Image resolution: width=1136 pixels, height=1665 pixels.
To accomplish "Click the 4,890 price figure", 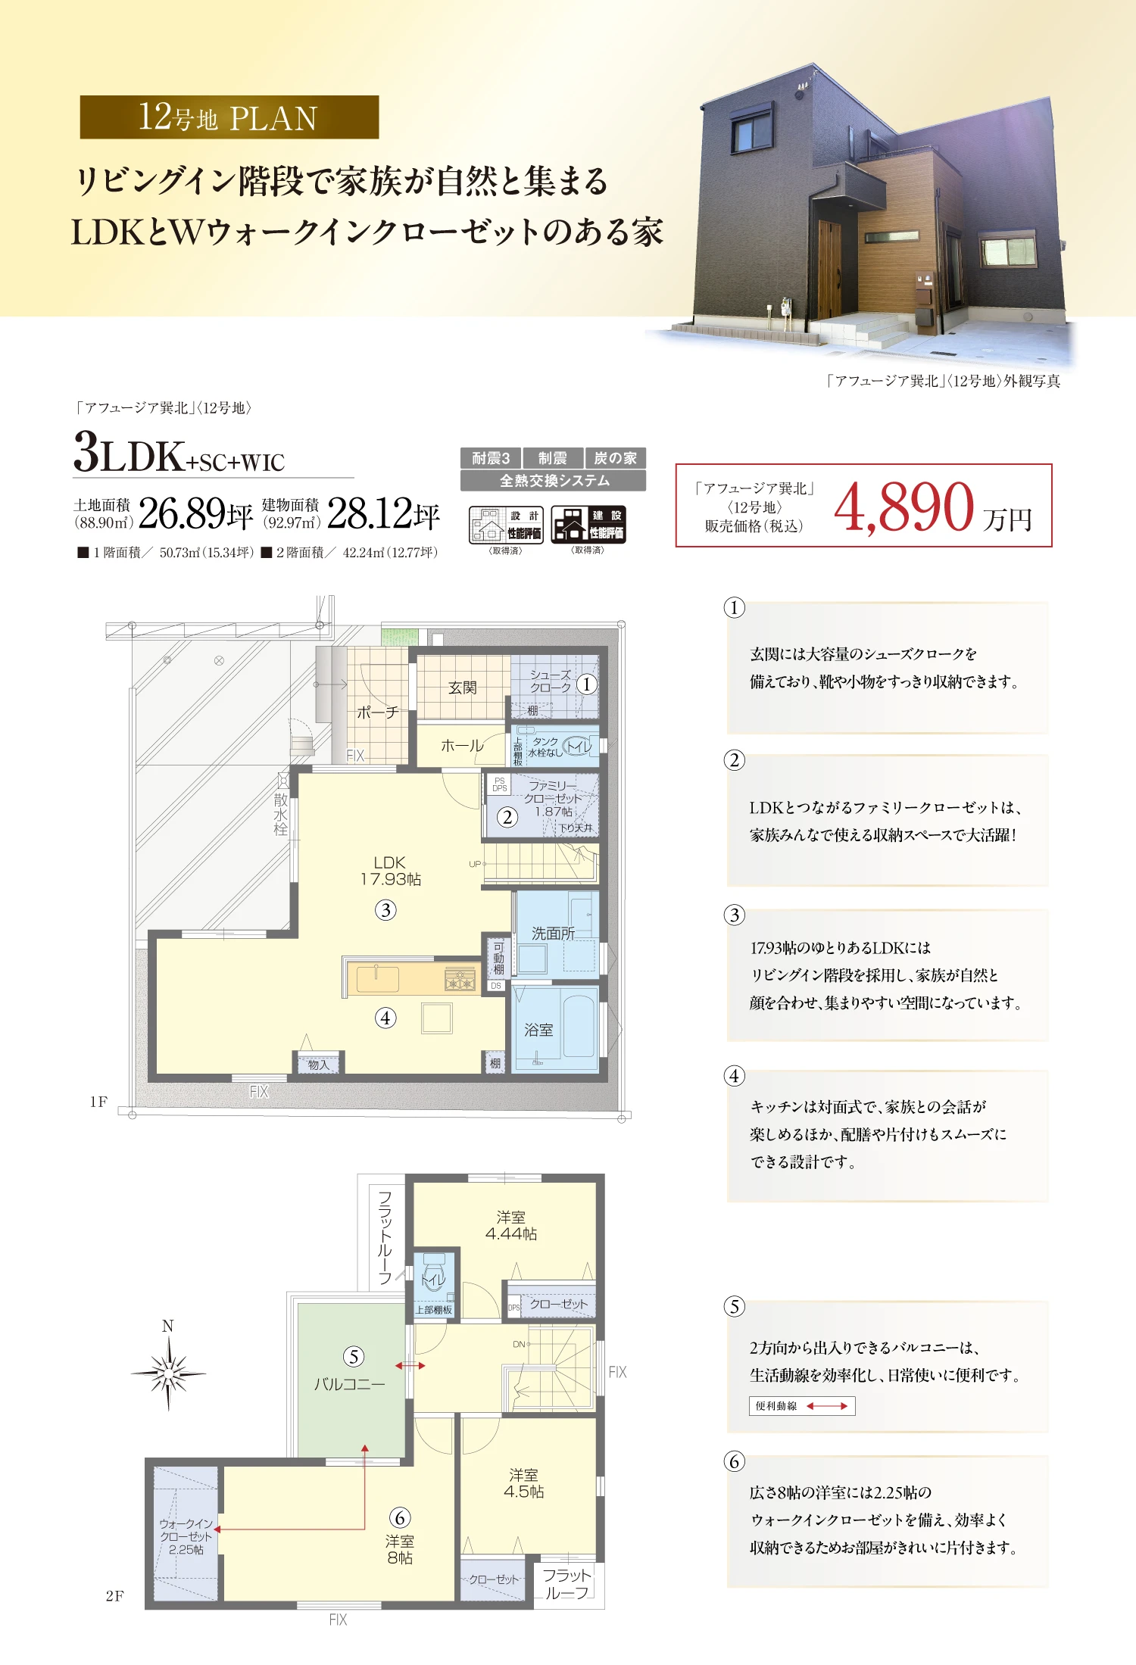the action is [x=903, y=506].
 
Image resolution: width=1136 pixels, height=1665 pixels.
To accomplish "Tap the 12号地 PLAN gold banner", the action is [x=229, y=117].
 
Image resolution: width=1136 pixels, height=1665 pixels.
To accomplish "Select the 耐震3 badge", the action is [x=491, y=458].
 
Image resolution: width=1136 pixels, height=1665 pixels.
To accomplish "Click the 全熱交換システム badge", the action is [x=554, y=481].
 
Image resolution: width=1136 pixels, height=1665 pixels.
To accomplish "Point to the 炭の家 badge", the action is [x=615, y=458].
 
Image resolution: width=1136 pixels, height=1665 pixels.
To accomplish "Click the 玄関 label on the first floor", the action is [x=462, y=688].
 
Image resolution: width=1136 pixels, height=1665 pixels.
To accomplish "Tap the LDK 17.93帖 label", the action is [x=390, y=871].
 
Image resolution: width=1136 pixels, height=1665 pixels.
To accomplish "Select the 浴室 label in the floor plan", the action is [x=538, y=1030].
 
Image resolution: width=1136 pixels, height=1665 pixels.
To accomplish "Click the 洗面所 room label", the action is [x=553, y=934].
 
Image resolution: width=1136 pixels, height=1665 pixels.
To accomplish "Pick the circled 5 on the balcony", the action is [x=354, y=1356].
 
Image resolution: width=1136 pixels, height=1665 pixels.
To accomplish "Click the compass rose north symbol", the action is [x=168, y=1370].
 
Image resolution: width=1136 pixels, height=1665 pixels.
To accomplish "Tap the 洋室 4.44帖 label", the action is [x=511, y=1225].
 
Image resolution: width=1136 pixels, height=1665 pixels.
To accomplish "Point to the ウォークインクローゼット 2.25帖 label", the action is [x=186, y=1536].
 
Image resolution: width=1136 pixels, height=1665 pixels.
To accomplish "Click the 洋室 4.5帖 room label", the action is [x=524, y=1483].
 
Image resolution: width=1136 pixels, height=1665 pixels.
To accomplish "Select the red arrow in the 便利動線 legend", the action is [x=827, y=1406].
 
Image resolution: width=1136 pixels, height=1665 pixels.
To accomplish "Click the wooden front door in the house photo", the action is [x=829, y=269].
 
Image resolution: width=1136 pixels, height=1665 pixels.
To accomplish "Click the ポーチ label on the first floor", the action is [x=377, y=712].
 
